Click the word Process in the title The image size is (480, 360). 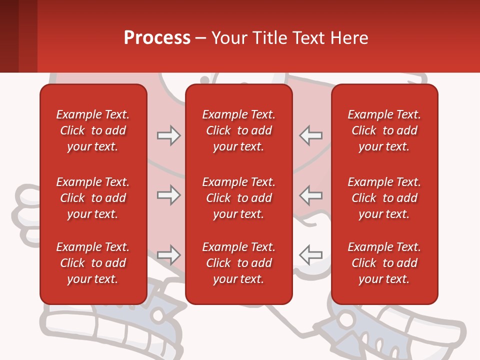157,38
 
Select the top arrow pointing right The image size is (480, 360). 169,135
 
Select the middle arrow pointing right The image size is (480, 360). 169,195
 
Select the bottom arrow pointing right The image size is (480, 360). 169,255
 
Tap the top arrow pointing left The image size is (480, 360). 310,135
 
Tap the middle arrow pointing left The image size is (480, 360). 310,195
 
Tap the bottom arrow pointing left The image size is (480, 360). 310,255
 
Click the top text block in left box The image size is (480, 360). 93,130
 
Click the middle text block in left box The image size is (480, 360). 93,198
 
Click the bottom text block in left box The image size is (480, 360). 93,263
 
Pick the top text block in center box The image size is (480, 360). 239,130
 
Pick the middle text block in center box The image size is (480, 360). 239,198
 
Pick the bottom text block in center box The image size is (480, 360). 239,263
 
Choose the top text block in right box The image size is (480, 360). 384,130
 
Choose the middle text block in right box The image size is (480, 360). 384,198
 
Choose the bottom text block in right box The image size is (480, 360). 384,263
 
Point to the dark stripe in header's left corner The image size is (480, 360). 9,36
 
